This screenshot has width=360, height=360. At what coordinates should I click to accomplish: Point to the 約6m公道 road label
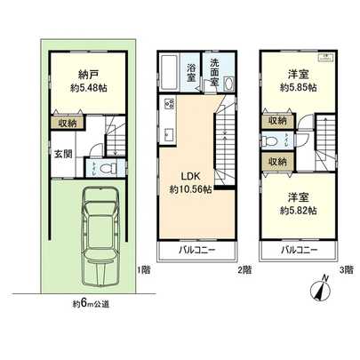click(92, 305)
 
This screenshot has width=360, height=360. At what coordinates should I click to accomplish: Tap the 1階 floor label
click(142, 269)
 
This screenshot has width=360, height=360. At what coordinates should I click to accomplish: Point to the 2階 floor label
click(244, 269)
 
